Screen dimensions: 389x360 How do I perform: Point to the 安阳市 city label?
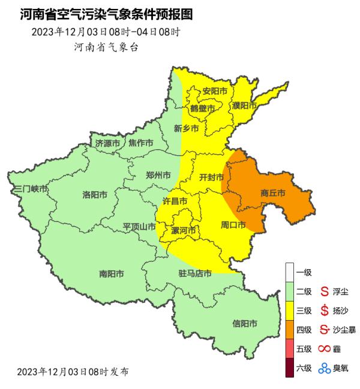(215, 91)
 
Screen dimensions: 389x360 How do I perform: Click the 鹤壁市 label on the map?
(202, 108)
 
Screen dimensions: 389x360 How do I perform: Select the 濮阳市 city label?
(245, 105)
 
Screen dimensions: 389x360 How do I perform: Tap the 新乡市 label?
(186, 128)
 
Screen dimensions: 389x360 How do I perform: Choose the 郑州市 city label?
(158, 176)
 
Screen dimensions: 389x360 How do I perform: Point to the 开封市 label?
(211, 177)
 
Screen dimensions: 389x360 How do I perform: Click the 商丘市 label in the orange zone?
(272, 193)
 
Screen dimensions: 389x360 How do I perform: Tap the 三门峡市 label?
(31, 189)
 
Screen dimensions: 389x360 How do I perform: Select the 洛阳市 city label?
(95, 195)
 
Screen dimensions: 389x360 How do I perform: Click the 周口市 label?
(233, 225)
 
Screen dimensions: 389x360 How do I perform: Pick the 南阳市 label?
(112, 274)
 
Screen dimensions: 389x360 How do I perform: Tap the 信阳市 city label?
(245, 324)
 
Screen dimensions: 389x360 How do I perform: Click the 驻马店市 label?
(195, 274)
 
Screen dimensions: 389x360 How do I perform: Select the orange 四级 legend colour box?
(290, 329)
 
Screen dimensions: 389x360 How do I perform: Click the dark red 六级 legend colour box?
(290, 367)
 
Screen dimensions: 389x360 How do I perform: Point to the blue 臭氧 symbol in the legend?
(325, 368)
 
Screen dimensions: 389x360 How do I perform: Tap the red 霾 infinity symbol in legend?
(325, 348)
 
